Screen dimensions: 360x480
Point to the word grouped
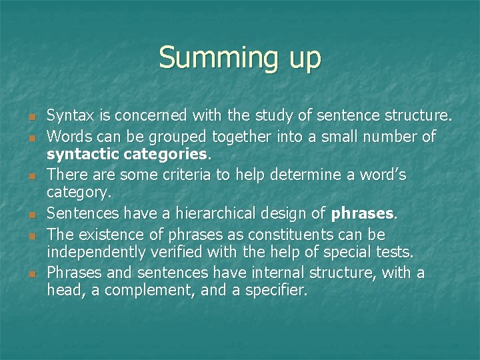click(x=175, y=137)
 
